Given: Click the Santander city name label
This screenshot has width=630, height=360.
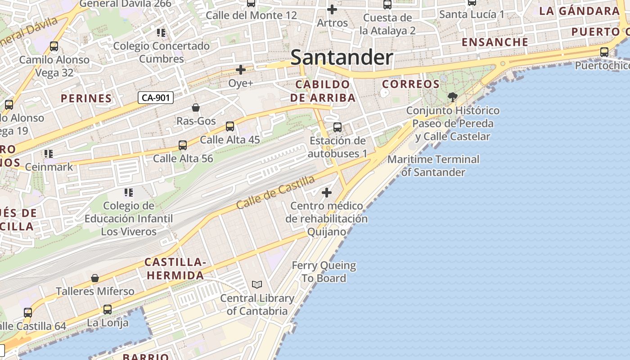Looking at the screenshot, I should (x=342, y=58).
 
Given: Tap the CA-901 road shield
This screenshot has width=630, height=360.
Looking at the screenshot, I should (x=155, y=97).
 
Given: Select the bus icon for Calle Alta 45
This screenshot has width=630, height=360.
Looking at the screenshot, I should (x=230, y=126).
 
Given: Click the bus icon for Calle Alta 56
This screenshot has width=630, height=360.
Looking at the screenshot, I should (x=183, y=145).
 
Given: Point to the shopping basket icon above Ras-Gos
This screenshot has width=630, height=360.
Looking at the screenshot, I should (x=196, y=108).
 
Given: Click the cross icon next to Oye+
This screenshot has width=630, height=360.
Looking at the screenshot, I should (x=241, y=70).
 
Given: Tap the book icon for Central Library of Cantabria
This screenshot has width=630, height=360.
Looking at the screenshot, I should (x=257, y=284).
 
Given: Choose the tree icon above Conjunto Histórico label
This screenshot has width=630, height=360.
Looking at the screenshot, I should (x=453, y=97).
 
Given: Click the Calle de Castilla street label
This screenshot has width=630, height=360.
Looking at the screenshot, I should (x=275, y=192).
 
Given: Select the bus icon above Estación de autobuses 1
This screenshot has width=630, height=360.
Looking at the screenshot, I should (x=337, y=127).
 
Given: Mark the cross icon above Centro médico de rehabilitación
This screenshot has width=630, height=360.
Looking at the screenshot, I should (x=327, y=193).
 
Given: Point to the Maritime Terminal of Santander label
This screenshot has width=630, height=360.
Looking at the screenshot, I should (x=433, y=166).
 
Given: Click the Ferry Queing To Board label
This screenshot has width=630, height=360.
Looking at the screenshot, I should (x=324, y=272).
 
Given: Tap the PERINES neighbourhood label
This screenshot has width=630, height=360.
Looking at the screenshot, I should (x=86, y=98).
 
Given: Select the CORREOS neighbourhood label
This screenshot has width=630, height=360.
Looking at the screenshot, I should (x=411, y=84).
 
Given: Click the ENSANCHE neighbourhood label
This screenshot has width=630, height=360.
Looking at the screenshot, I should (x=495, y=42).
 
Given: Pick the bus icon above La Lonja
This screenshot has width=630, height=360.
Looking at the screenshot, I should (x=107, y=310).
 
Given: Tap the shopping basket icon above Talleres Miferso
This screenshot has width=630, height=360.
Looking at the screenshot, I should (x=95, y=278).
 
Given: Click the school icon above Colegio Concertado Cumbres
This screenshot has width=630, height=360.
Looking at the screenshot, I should (x=161, y=32).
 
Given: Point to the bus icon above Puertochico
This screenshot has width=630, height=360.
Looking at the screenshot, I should (x=604, y=52).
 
